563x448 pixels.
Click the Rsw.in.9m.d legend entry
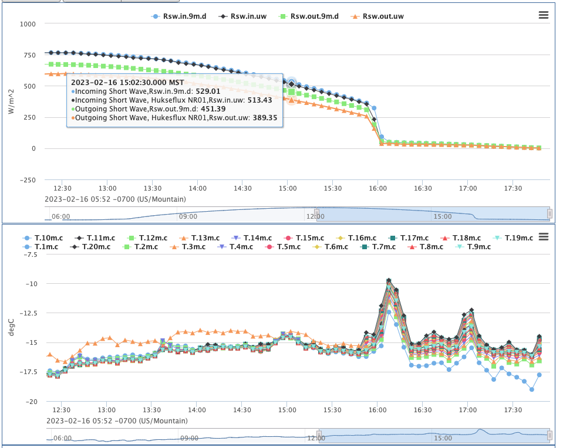[x=184, y=16]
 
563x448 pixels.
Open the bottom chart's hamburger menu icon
[x=543, y=236]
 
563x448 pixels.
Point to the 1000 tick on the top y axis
[x=28, y=24]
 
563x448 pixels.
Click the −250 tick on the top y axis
[x=26, y=180]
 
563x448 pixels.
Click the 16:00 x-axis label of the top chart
[x=377, y=188]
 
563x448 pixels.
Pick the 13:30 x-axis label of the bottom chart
[x=153, y=410]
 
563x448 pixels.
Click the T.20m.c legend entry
[x=98, y=247]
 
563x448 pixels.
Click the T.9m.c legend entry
[x=478, y=247]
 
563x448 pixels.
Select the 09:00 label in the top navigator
[x=188, y=216]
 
